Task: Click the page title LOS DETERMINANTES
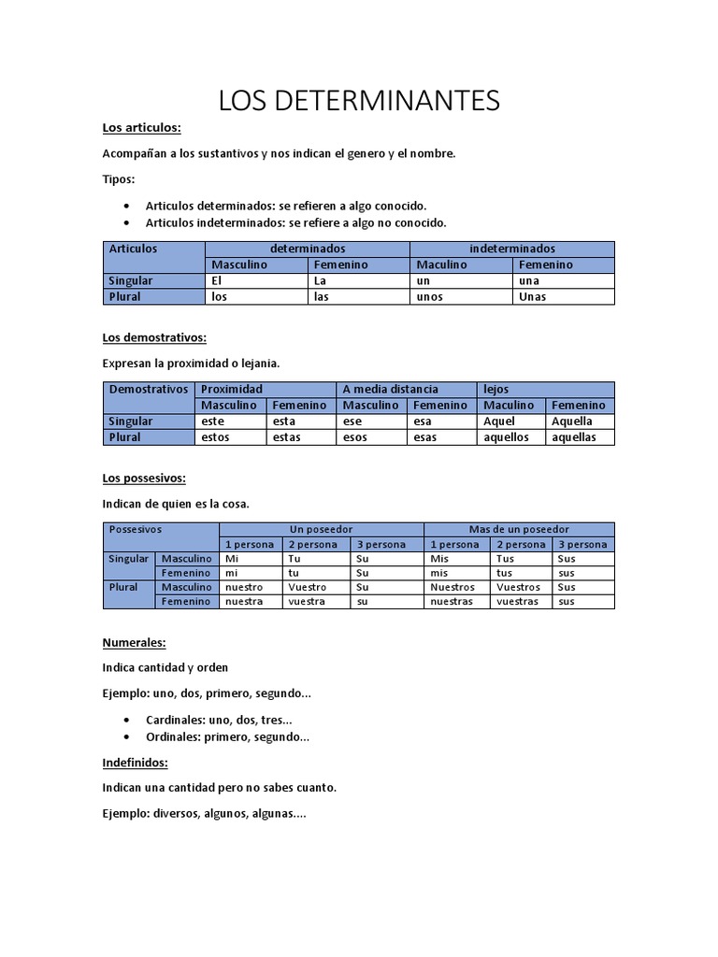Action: [359, 101]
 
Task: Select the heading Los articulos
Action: [141, 127]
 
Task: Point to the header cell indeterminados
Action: [511, 249]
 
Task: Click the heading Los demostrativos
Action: [153, 337]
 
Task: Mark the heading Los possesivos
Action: [144, 478]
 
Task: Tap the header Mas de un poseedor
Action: [519, 529]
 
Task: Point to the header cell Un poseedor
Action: [322, 529]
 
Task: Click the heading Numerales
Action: [134, 642]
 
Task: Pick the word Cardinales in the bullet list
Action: [175, 720]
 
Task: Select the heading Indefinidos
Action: [135, 763]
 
